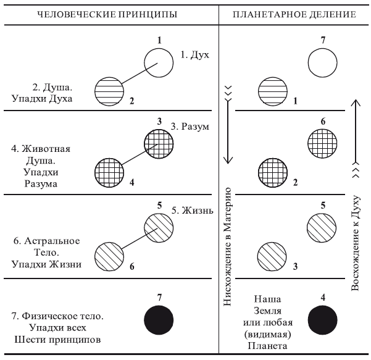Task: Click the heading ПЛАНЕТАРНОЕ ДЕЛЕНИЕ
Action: pyautogui.click(x=294, y=14)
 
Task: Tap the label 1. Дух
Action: pyautogui.click(x=196, y=55)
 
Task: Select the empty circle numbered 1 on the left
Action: pyautogui.click(x=159, y=63)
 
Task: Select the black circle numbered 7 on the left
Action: pyautogui.click(x=159, y=319)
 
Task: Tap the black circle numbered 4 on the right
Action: pyautogui.click(x=323, y=319)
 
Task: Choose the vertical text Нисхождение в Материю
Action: pyautogui.click(x=228, y=247)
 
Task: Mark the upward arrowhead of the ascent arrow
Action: pyautogui.click(x=355, y=101)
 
